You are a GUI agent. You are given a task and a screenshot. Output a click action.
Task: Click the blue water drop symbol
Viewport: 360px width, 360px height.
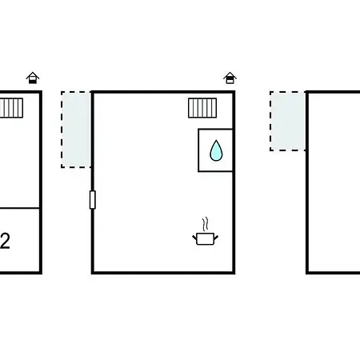(x=216, y=151)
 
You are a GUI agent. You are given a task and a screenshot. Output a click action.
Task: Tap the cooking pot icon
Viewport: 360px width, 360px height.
(x=206, y=238)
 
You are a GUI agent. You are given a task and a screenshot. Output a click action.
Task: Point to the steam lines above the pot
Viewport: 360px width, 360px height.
(x=205, y=224)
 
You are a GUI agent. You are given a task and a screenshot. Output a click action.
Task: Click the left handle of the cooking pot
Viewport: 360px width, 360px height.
(x=194, y=237)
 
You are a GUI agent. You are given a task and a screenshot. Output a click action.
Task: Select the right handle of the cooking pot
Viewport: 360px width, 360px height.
(x=216, y=237)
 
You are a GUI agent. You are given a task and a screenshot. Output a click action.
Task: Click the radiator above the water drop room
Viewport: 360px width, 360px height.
(x=202, y=108)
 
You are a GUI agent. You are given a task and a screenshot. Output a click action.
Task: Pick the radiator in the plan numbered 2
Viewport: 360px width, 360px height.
(x=11, y=108)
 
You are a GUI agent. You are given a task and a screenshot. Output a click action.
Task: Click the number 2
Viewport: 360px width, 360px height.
(x=5, y=241)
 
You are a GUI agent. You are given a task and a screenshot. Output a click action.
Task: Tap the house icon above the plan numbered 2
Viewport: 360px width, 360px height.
(x=33, y=78)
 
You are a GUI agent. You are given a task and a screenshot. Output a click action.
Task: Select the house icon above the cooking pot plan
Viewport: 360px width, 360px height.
(x=230, y=78)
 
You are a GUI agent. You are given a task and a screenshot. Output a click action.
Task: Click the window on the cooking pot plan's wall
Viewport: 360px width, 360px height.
(x=93, y=200)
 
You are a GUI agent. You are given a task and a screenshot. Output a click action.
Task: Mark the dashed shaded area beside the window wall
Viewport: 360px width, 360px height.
(x=76, y=130)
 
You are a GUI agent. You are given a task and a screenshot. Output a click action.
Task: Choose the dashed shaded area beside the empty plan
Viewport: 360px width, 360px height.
(x=288, y=121)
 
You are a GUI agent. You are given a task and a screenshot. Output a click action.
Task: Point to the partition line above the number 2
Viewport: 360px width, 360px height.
(x=20, y=208)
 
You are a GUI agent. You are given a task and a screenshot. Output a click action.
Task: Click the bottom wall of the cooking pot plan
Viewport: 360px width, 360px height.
(x=163, y=273)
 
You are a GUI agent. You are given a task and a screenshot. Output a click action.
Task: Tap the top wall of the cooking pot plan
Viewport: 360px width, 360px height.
(x=163, y=92)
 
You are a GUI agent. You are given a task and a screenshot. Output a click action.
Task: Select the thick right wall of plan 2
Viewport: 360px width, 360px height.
(x=41, y=182)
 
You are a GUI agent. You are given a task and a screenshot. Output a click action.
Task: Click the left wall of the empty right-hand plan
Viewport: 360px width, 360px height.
(x=307, y=182)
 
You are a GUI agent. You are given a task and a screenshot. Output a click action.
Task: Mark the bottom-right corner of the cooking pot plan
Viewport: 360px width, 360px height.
(x=234, y=273)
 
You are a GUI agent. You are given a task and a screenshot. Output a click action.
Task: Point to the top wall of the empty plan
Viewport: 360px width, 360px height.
(x=333, y=92)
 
